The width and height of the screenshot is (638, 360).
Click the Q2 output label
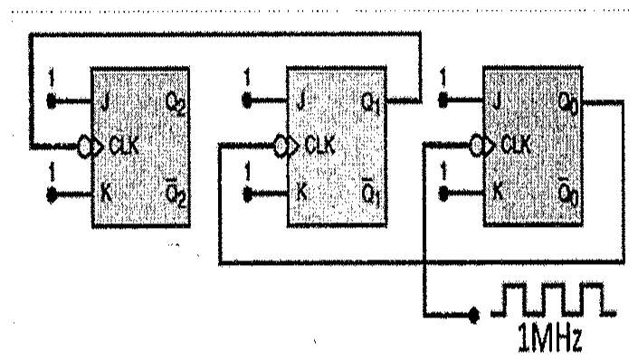tap(176, 104)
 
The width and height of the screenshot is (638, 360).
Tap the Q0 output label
tap(568, 102)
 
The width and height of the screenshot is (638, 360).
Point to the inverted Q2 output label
tap(176, 194)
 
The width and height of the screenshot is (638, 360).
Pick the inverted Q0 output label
tap(568, 191)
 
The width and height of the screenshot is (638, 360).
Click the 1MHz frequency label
tap(550, 337)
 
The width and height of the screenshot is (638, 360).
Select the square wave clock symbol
tap(553, 299)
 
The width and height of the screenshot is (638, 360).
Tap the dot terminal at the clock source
tap(473, 314)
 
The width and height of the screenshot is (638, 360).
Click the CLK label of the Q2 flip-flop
tap(124, 146)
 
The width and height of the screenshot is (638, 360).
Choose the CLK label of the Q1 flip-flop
tap(319, 144)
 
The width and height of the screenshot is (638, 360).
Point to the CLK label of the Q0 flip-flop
tap(516, 144)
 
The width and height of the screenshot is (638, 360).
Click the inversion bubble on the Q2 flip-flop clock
tap(83, 147)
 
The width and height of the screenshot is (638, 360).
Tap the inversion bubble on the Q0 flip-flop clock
tap(475, 146)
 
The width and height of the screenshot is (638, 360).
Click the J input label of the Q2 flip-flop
tap(105, 102)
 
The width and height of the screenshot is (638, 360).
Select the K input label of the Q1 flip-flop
tap(301, 191)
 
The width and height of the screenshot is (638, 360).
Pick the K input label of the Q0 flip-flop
tap(497, 190)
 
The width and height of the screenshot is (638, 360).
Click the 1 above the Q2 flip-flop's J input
tap(52, 77)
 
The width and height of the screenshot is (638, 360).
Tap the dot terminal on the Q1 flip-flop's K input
tap(247, 194)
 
